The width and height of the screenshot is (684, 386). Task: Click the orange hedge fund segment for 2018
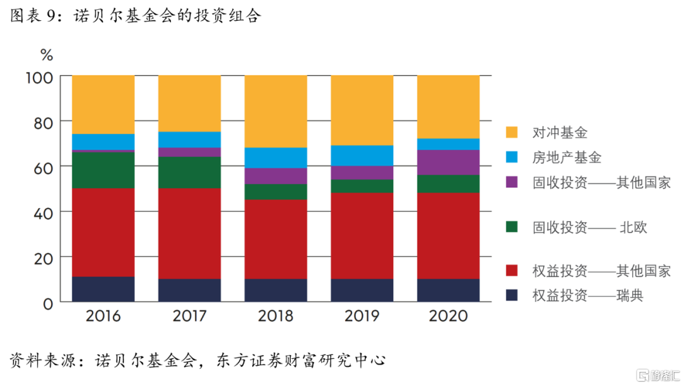[x=275, y=111]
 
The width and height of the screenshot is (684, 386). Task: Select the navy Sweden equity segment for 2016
[x=103, y=289]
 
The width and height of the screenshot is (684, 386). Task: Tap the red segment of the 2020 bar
[x=448, y=235]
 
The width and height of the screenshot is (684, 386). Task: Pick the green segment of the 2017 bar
[x=189, y=172]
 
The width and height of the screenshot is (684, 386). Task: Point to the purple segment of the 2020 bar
[x=448, y=162]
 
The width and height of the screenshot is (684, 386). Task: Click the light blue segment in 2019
[x=362, y=155]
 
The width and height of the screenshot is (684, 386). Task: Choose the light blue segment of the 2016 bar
[x=103, y=142]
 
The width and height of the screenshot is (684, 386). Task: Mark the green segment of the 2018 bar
[x=275, y=192]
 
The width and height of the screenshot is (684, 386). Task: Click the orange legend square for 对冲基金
[x=512, y=133]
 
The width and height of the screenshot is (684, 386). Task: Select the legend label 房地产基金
[x=567, y=158]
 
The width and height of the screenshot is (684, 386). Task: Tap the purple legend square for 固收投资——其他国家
[x=512, y=182]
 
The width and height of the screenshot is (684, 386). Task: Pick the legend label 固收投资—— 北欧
[x=590, y=227]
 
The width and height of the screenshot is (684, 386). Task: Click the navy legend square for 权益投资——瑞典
[x=512, y=295]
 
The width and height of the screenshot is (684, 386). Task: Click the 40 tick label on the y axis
[x=42, y=212]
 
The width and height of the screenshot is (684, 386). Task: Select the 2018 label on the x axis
[x=275, y=316]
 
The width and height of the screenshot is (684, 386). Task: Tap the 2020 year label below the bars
[x=448, y=316]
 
